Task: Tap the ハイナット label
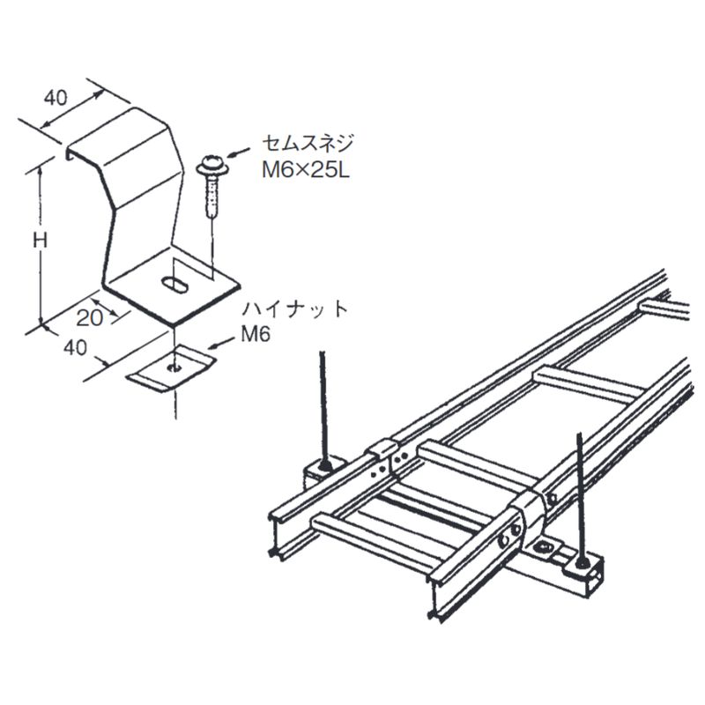[297, 309]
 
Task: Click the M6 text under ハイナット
[254, 335]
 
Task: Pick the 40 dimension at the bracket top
[56, 98]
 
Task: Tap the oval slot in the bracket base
[174, 286]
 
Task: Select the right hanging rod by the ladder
[580, 493]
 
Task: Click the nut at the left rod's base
[327, 464]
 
